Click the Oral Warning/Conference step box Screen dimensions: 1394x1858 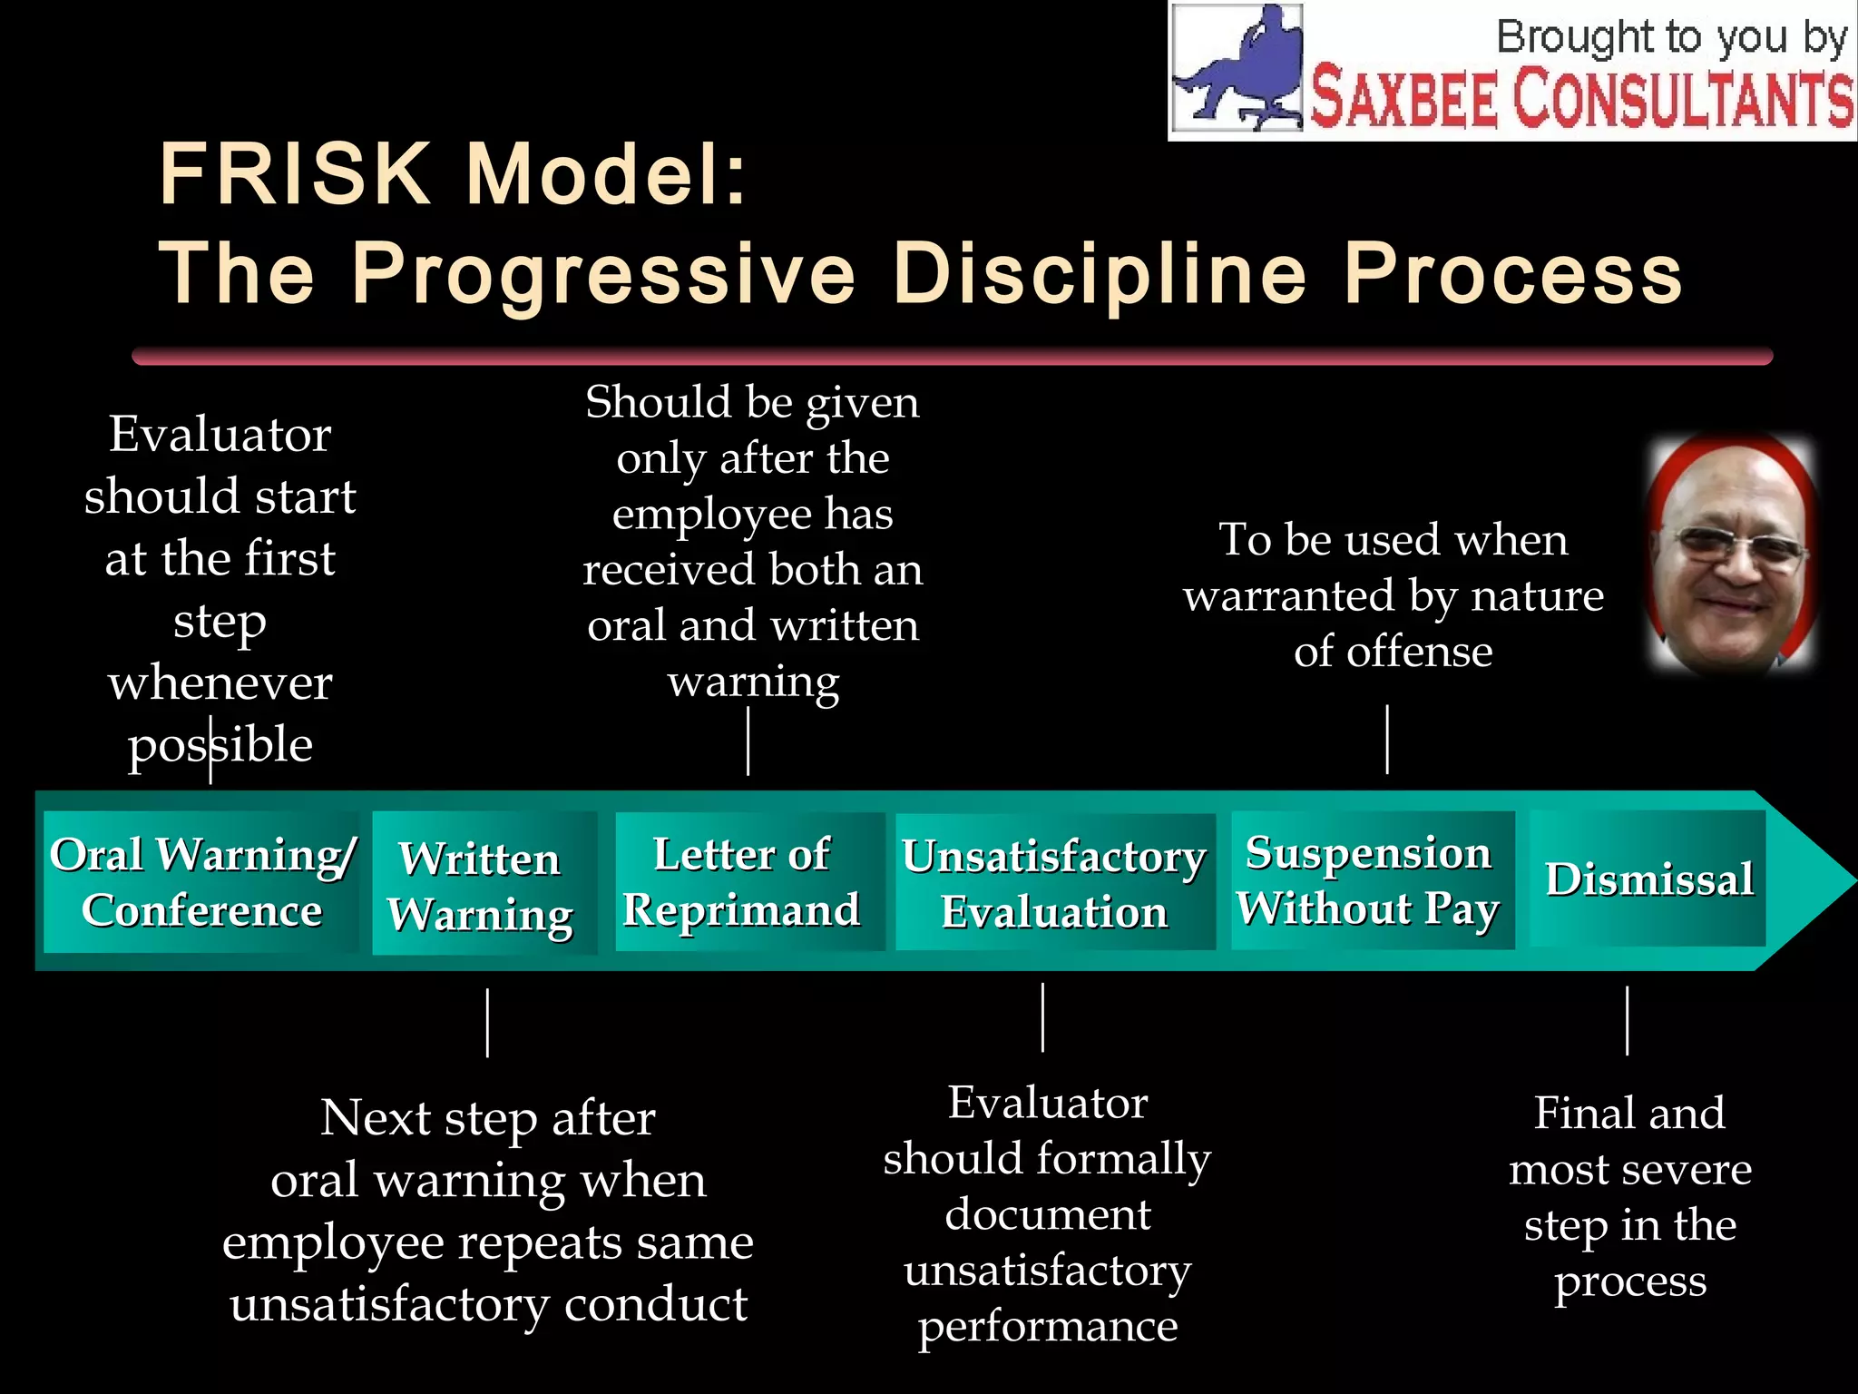click(201, 882)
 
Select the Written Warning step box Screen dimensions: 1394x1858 click(484, 884)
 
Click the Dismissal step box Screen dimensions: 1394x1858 click(1648, 879)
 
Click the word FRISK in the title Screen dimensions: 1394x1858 click(294, 174)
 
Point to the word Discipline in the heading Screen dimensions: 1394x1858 click(1099, 273)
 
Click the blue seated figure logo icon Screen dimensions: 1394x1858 click(1238, 68)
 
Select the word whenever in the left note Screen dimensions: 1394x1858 click(220, 682)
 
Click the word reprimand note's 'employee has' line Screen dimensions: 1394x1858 click(752, 514)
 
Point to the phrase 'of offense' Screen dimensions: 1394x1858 click(1393, 652)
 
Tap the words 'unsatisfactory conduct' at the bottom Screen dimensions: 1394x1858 click(488, 1304)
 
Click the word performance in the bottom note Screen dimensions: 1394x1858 click(1048, 1326)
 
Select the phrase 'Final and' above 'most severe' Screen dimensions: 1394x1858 click(1629, 1113)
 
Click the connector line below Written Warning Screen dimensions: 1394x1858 click(488, 1023)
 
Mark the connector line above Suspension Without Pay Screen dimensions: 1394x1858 click(1387, 739)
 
